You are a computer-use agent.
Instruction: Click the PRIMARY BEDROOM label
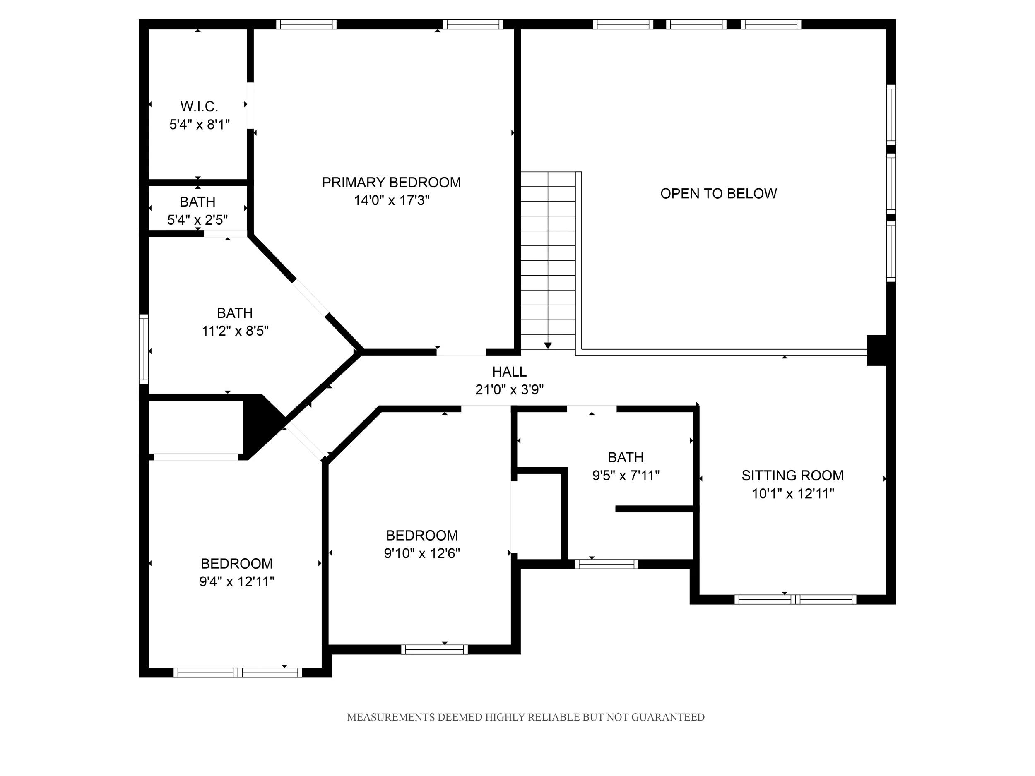[391, 183]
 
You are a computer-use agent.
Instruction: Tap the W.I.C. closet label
[199, 107]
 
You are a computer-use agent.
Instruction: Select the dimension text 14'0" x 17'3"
[392, 200]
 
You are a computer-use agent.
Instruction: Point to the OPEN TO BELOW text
[718, 194]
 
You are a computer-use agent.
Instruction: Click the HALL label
[509, 372]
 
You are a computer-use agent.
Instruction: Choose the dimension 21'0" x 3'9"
[509, 389]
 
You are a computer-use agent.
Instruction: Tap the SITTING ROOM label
[793, 476]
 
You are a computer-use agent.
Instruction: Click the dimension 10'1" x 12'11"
[793, 493]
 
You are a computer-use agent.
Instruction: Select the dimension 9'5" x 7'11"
[626, 475]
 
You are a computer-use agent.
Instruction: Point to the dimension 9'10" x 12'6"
[422, 553]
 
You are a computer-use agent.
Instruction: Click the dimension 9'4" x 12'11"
[236, 581]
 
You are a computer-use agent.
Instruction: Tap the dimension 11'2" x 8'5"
[235, 331]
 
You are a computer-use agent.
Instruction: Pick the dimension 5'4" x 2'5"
[197, 220]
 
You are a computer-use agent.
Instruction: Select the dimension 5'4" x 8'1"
[199, 125]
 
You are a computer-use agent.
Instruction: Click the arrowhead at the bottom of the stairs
[548, 346]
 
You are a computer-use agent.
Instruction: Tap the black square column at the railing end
[877, 351]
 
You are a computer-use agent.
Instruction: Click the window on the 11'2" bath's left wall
[144, 349]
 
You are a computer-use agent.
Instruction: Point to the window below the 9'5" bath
[607, 564]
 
